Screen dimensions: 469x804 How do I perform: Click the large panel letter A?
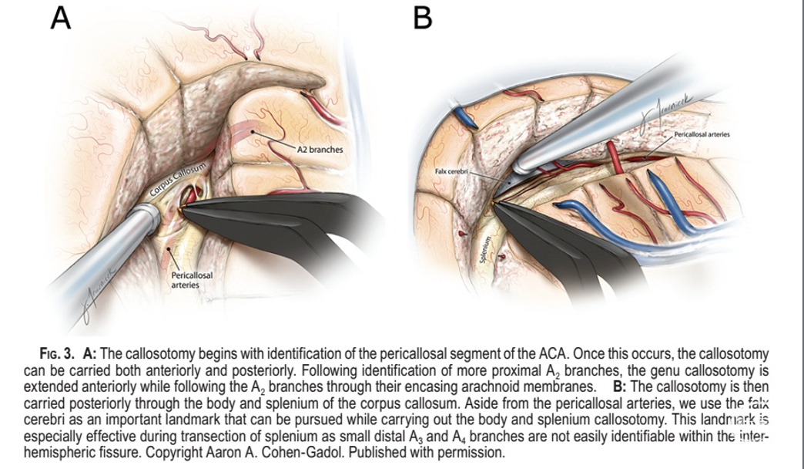[61, 18]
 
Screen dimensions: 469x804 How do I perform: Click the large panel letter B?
[423, 18]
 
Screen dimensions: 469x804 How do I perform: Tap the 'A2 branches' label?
[320, 149]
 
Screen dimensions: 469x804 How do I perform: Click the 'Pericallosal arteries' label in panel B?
[702, 134]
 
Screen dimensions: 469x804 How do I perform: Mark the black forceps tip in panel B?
[497, 204]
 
